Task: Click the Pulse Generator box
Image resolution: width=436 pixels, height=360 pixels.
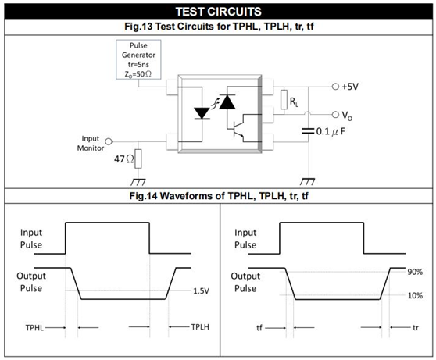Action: coord(138,59)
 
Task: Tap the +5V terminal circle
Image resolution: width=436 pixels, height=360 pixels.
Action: coord(335,87)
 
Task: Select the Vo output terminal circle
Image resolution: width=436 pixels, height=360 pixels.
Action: coord(335,114)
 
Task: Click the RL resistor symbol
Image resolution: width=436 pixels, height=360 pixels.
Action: coord(284,99)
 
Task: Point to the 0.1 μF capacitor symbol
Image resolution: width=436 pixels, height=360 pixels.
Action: coord(308,131)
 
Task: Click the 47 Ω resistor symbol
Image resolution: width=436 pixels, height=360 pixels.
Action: coord(138,159)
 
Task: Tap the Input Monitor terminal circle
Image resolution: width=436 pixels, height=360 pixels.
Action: coord(109,142)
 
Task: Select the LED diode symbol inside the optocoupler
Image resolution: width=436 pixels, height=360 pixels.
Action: coord(202,113)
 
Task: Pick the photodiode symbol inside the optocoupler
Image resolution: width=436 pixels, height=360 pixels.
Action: coord(227,102)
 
